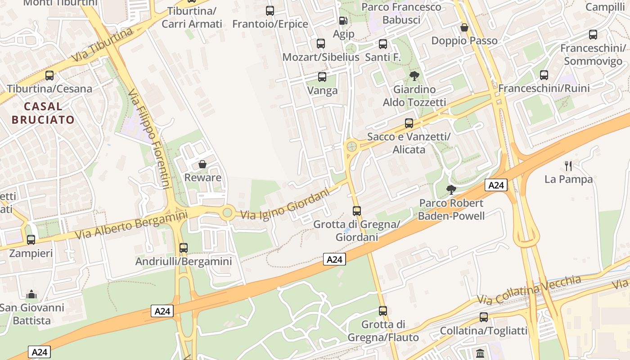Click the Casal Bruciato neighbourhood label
pyautogui.click(x=43, y=113)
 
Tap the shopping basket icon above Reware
pyautogui.click(x=202, y=164)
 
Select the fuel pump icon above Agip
pyautogui.click(x=343, y=21)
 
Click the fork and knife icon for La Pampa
pyautogui.click(x=568, y=166)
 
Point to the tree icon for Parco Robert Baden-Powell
pyautogui.click(x=451, y=190)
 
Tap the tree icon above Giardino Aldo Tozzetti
pyautogui.click(x=414, y=76)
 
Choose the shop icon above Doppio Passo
pyautogui.click(x=464, y=27)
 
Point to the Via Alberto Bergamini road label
pyautogui.click(x=131, y=225)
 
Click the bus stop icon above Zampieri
pyautogui.click(x=31, y=240)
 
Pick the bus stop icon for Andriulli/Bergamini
pyautogui.click(x=183, y=248)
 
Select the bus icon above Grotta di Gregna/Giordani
pyautogui.click(x=357, y=211)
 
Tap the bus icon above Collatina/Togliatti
pyautogui.click(x=484, y=317)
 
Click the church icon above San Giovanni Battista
pyautogui.click(x=31, y=295)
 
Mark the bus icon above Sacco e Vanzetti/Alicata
pyautogui.click(x=409, y=123)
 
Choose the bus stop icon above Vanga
pyautogui.click(x=322, y=77)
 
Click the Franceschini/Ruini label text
pyautogui.click(x=544, y=88)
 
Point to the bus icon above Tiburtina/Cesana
pyautogui.click(x=49, y=76)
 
